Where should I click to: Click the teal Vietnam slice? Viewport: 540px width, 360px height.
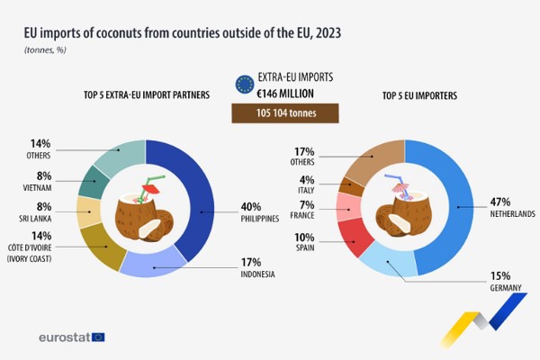click(x=94, y=183)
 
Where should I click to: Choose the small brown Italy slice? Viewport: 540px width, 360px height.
click(x=350, y=187)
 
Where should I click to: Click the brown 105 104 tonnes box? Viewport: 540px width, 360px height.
click(x=283, y=114)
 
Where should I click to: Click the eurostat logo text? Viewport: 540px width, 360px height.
click(x=63, y=337)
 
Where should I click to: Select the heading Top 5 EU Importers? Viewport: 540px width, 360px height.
click(x=420, y=94)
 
